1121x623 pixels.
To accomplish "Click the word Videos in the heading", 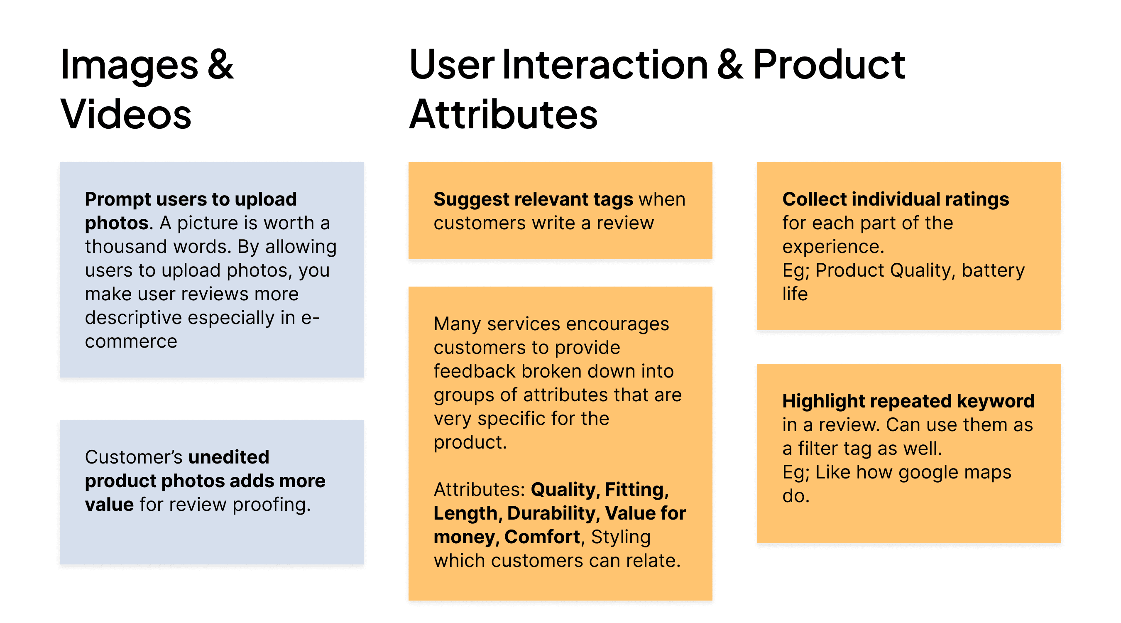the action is coord(126,114).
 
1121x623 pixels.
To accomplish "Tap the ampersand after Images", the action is coord(220,64).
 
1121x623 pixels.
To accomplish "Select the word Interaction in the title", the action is coord(605,64).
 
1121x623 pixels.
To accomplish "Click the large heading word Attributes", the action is coord(504,114).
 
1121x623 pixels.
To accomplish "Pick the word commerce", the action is coord(131,341).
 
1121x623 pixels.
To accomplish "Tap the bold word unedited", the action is coord(229,457).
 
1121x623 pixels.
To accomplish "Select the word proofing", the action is coord(272,505).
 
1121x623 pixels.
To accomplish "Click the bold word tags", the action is coord(612,199).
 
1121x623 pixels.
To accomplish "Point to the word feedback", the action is coord(475,371).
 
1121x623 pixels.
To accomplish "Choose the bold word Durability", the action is coord(551,513).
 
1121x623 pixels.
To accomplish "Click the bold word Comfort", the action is coord(542,537).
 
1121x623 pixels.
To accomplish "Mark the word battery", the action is coord(994,270).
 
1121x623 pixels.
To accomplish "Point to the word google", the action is coord(926,472).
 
